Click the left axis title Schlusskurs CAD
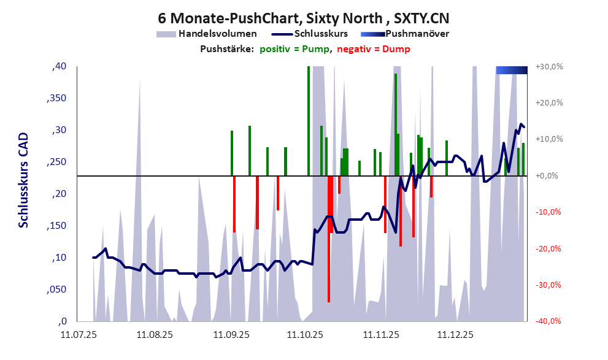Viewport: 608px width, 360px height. click(23, 180)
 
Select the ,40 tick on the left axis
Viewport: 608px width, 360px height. click(60, 66)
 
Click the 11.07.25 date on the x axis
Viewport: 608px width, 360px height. click(78, 335)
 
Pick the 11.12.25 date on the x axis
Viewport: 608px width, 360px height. click(455, 335)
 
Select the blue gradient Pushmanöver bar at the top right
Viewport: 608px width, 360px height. click(511, 70)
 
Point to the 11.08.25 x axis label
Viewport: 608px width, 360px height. click(155, 335)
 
